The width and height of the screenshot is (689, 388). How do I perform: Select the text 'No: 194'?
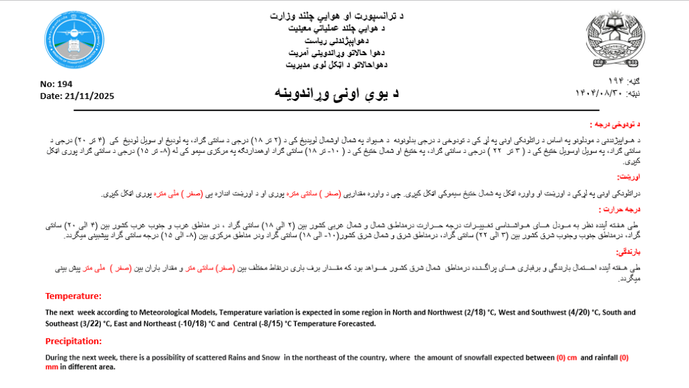(x=57, y=84)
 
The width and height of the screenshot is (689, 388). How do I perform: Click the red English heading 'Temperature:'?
(x=73, y=296)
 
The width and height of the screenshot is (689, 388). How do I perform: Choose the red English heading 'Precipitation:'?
(x=75, y=342)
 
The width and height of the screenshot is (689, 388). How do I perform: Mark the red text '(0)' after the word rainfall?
(x=624, y=357)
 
